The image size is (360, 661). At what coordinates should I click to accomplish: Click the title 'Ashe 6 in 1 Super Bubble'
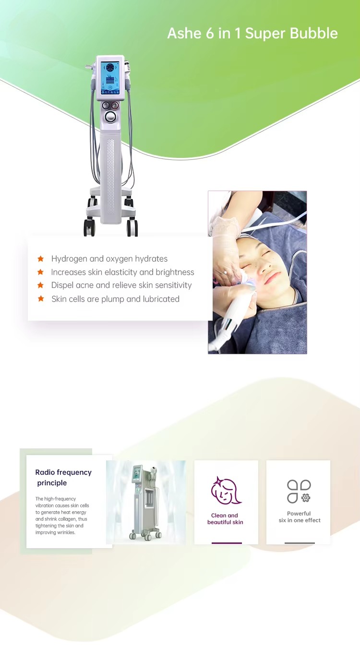point(252,33)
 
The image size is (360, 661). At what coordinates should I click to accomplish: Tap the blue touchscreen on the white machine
point(113,77)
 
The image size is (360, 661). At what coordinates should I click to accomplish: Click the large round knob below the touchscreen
point(113,117)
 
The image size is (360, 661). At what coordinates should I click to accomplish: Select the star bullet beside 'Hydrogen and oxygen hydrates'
point(41,259)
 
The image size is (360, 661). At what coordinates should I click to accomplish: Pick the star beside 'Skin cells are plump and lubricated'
point(41,299)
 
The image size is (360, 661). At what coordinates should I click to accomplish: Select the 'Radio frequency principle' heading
point(63,478)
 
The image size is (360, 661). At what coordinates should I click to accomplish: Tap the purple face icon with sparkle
point(226,490)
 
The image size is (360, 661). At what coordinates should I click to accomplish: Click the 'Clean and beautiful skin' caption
point(225,519)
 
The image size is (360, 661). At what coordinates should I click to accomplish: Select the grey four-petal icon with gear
point(299,491)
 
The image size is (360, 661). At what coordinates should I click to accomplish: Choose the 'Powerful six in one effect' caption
point(299,517)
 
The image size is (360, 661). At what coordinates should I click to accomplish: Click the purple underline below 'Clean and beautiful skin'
point(227,543)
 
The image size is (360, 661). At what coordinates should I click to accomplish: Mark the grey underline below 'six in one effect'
point(300,543)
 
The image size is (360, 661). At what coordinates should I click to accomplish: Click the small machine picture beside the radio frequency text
point(146,502)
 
